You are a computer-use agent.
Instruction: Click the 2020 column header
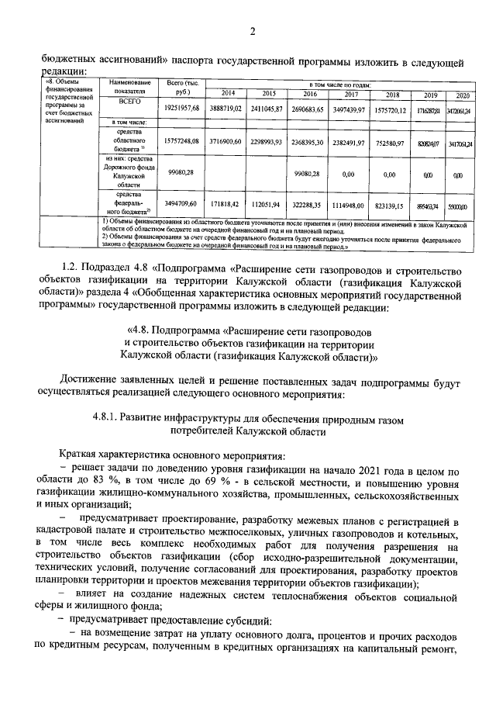coord(463,95)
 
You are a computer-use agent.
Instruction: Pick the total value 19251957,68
coord(181,108)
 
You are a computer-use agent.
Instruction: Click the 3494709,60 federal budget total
coord(181,206)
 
